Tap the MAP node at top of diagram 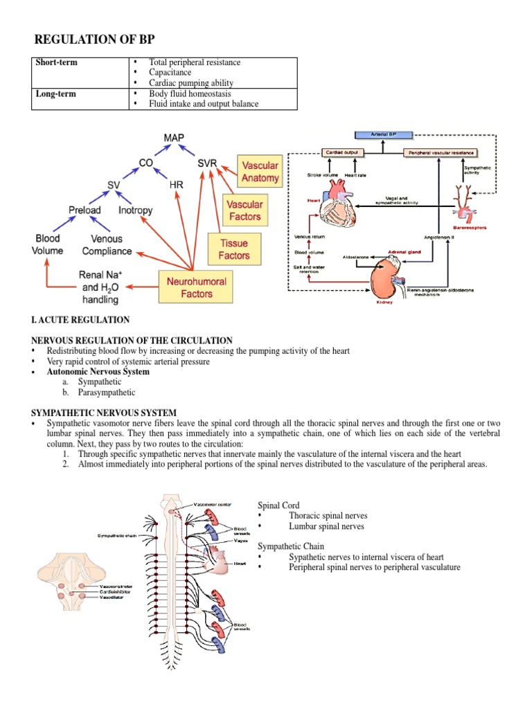(x=174, y=138)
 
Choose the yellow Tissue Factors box (x=234, y=250)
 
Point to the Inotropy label (x=136, y=210)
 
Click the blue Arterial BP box (x=383, y=135)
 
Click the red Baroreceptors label (x=471, y=226)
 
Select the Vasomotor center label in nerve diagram (x=213, y=504)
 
